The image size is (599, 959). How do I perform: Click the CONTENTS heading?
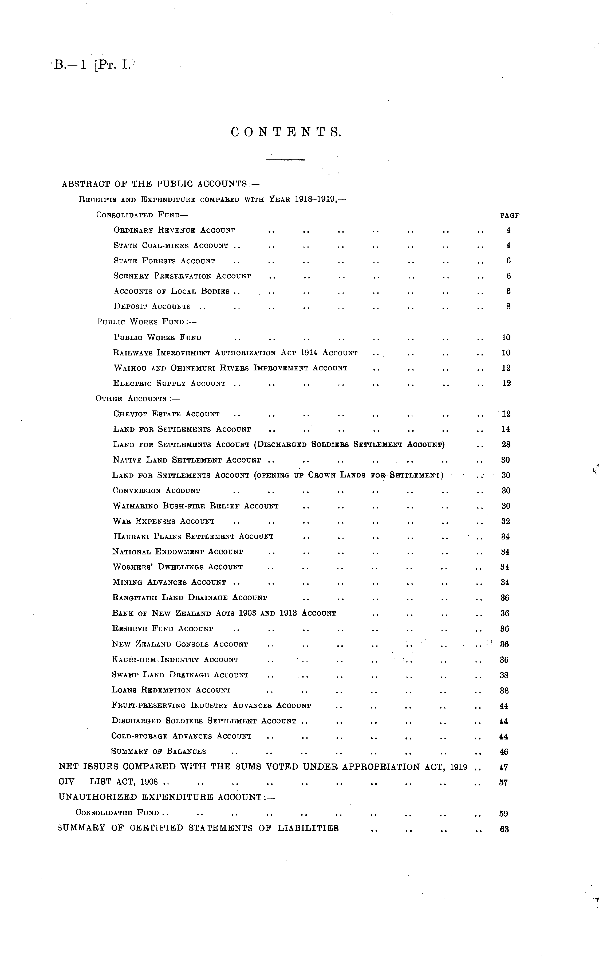click(285, 132)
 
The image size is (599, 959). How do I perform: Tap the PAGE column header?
click(509, 216)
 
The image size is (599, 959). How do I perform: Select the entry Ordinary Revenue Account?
click(174, 230)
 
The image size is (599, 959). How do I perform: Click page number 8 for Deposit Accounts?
click(508, 306)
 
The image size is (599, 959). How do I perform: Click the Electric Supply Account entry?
click(169, 383)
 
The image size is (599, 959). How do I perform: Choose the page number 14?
click(506, 429)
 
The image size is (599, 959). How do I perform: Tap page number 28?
click(506, 445)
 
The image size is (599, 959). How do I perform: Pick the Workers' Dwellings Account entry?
click(178, 567)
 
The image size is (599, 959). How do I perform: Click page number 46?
click(504, 752)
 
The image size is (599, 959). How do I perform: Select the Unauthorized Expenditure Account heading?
click(166, 797)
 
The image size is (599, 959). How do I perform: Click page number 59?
click(503, 813)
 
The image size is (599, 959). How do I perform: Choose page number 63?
click(504, 829)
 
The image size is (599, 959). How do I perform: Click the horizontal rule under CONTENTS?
click(285, 160)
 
